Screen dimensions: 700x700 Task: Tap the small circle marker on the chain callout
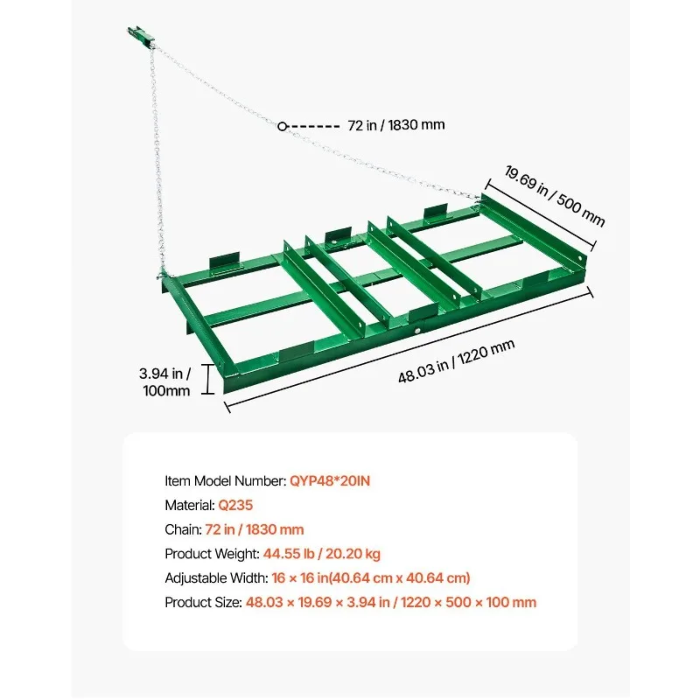click(283, 126)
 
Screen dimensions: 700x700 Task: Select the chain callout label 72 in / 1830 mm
click(395, 125)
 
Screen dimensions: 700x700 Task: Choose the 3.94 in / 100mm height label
click(166, 382)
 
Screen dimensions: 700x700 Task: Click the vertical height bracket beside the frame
click(208, 380)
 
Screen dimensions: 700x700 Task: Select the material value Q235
click(236, 505)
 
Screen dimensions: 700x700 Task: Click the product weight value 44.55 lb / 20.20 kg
click(322, 554)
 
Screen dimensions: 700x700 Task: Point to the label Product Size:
click(203, 603)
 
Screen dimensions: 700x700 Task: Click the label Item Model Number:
click(225, 480)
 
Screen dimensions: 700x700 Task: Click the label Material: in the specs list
click(190, 505)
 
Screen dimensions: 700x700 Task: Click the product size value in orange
click(391, 603)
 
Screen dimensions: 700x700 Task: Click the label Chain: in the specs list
click(182, 529)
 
